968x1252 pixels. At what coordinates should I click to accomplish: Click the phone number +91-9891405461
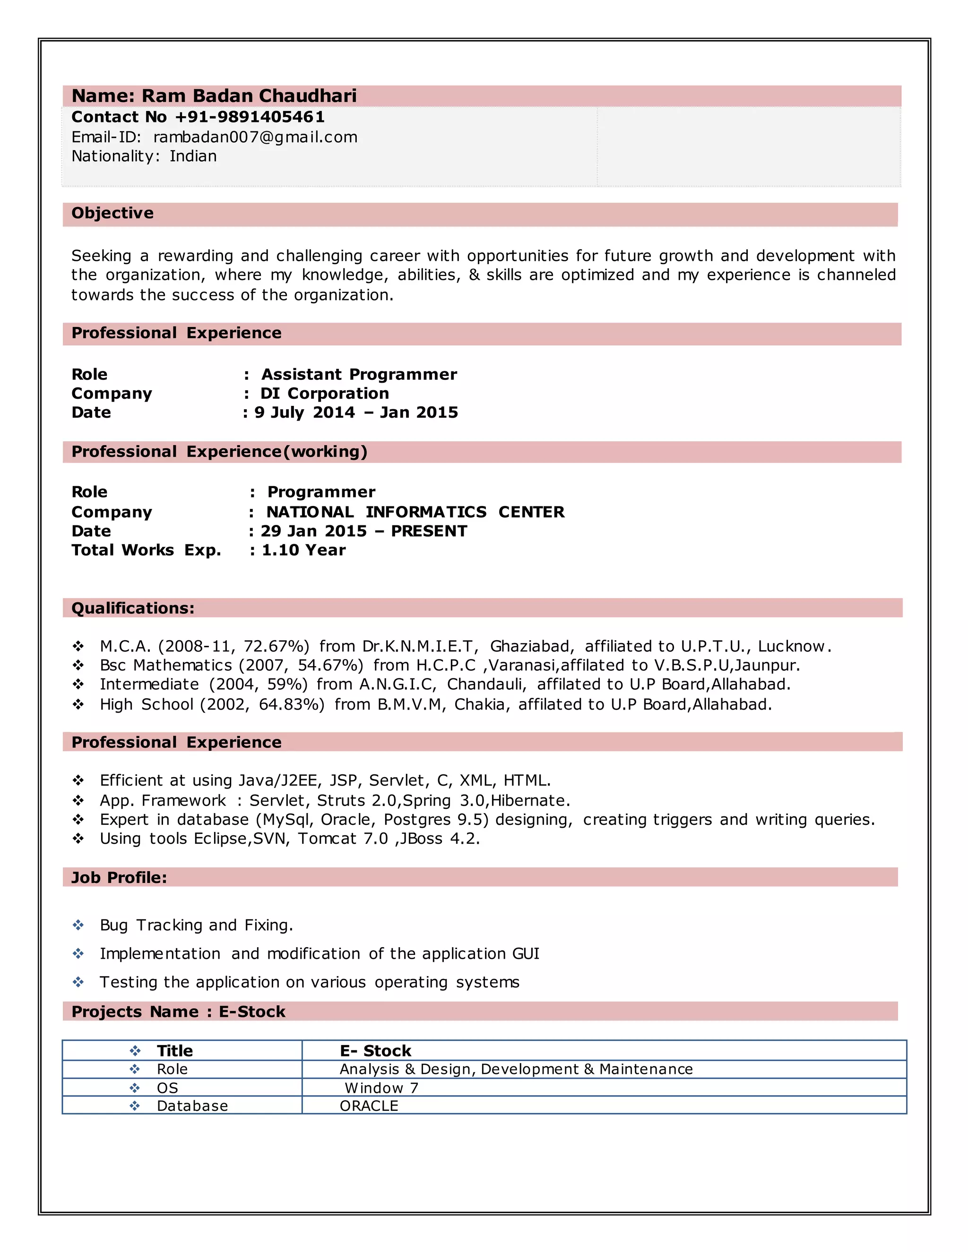coord(250,117)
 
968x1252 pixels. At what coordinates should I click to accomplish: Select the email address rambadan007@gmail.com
coord(255,137)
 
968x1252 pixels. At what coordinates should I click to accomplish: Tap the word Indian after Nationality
coord(193,156)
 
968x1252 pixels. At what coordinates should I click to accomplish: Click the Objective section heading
coord(112,213)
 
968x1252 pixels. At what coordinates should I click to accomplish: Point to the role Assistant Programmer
coord(359,374)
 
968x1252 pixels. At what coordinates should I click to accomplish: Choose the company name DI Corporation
coord(325,393)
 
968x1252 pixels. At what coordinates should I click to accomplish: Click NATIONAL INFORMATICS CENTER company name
coord(415,512)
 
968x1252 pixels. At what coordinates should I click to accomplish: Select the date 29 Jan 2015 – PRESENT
coord(363,531)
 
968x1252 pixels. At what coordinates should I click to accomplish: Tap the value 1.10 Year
coord(303,550)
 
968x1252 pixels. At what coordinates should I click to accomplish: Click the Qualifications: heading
coord(132,608)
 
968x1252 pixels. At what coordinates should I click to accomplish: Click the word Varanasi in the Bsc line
coord(522,666)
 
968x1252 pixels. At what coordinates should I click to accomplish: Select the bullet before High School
coord(78,704)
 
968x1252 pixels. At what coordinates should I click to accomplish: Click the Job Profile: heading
coord(119,878)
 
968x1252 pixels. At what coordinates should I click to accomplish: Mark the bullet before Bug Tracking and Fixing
coord(78,925)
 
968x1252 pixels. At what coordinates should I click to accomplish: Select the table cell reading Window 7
coord(381,1088)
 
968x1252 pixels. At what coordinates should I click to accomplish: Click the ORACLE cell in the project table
coord(369,1106)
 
